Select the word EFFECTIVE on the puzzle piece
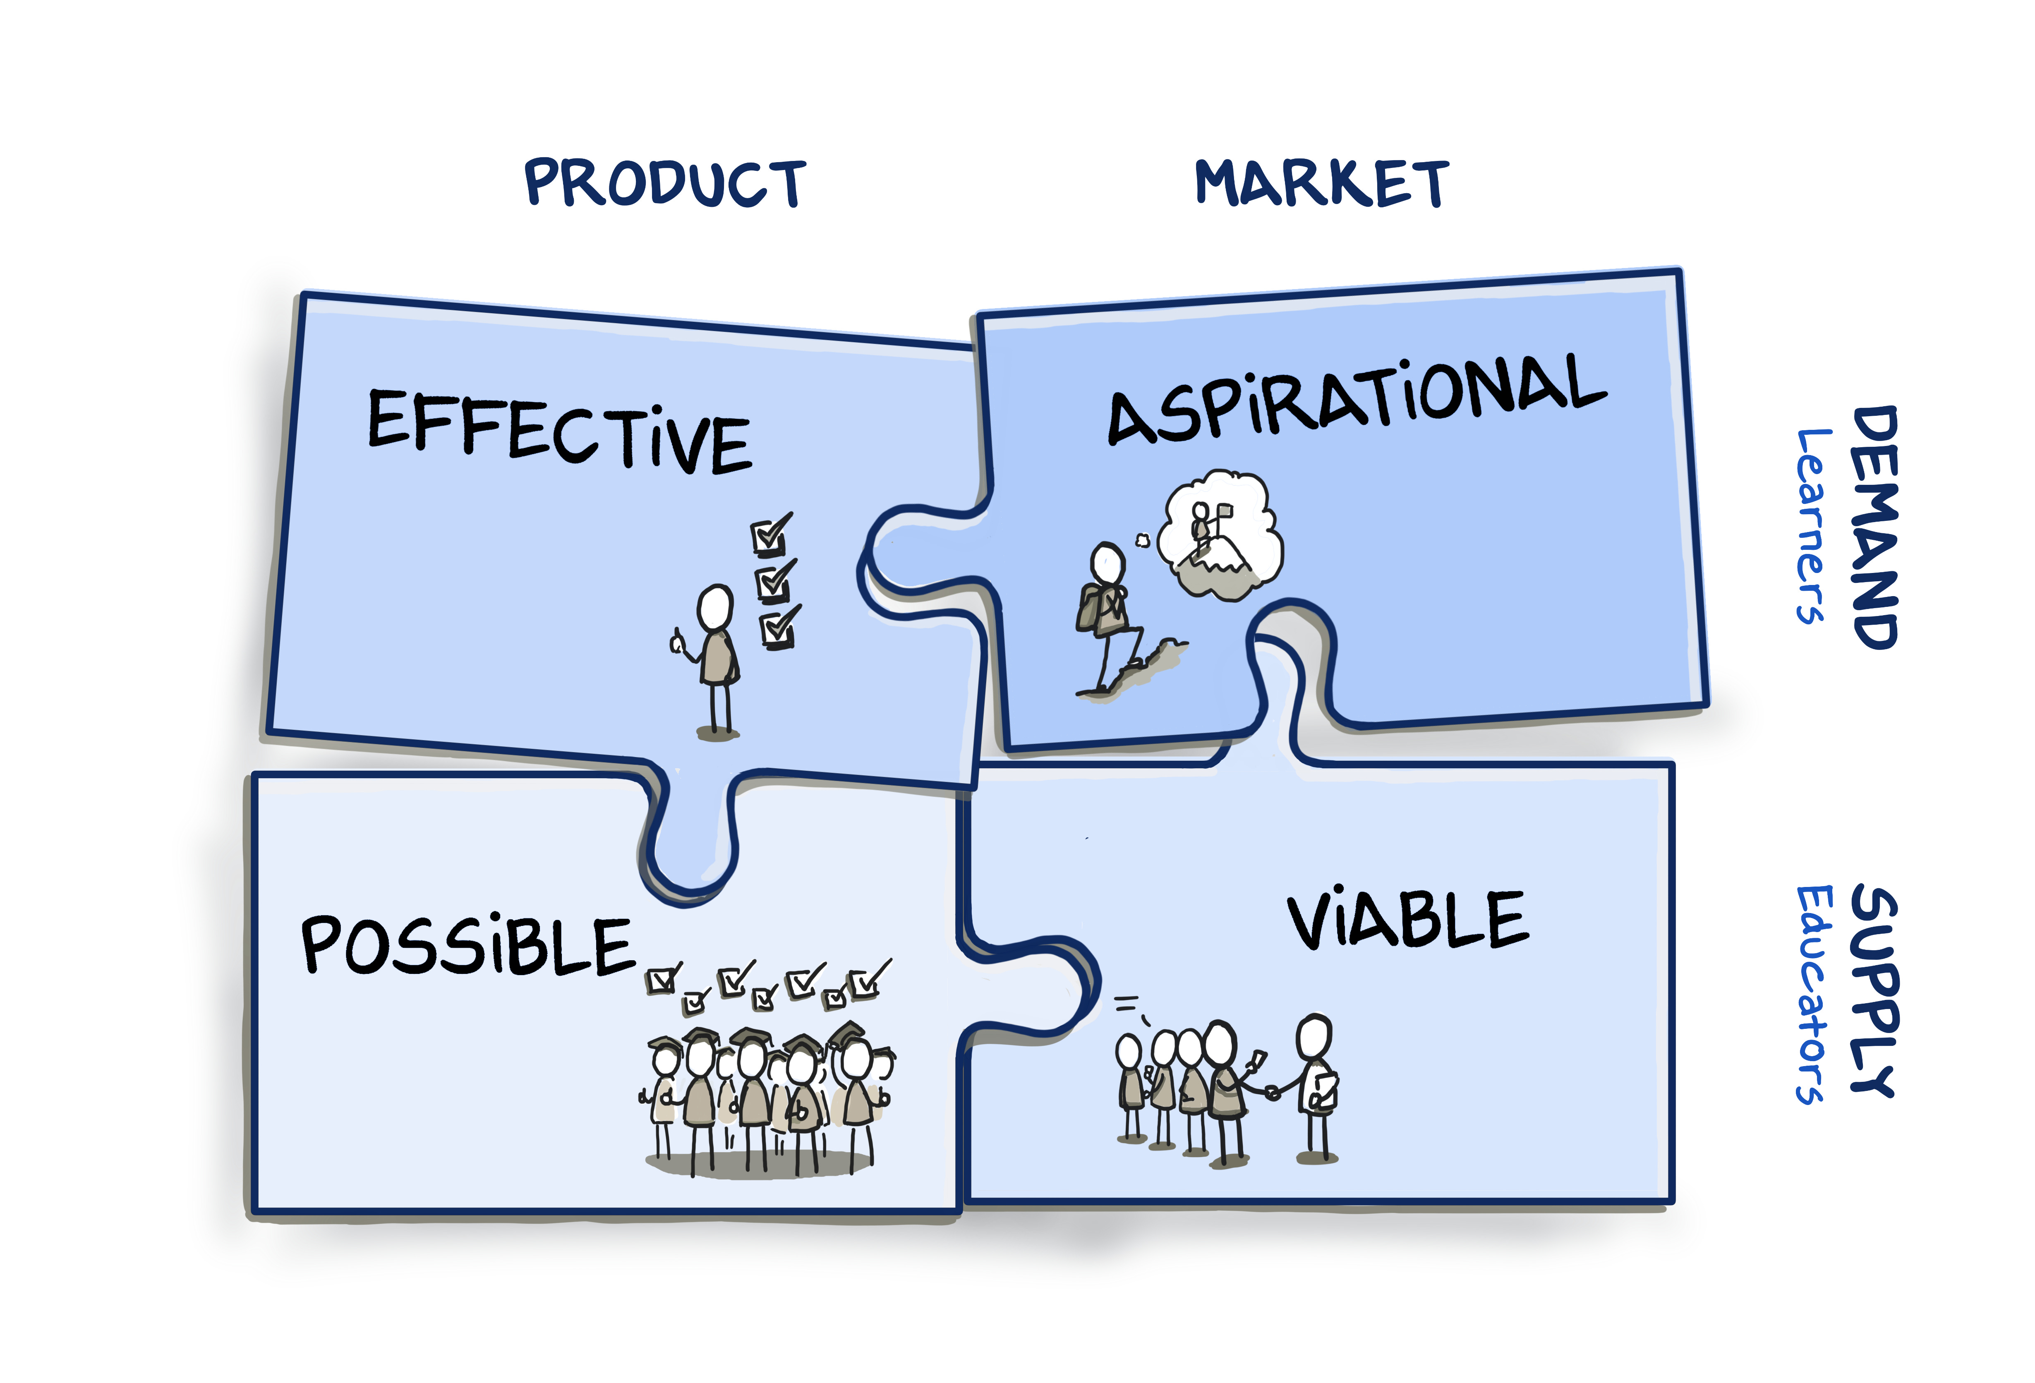click(x=558, y=431)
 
